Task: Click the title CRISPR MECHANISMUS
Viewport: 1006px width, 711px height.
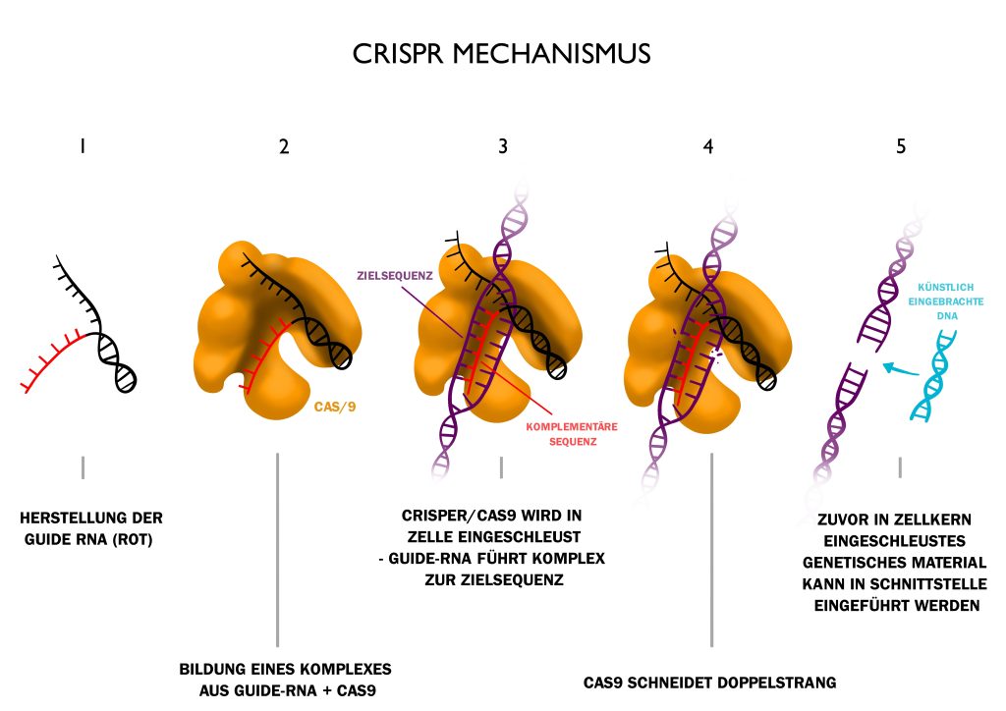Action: point(501,53)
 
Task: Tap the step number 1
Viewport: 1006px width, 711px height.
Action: point(83,146)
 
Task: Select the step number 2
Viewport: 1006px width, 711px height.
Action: point(284,147)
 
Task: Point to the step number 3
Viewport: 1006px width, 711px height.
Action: point(503,147)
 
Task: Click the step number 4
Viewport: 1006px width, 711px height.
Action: point(708,147)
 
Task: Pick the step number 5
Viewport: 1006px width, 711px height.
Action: point(901,147)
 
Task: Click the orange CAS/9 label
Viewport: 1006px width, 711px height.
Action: point(334,404)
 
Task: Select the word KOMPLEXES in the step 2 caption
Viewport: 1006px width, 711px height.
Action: point(341,669)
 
